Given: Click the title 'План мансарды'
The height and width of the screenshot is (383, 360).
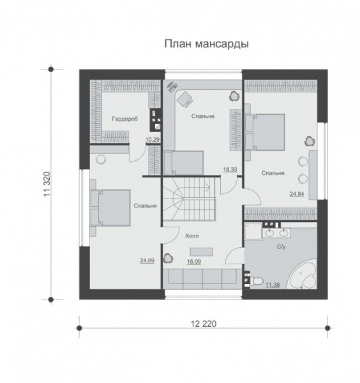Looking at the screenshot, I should (x=206, y=44).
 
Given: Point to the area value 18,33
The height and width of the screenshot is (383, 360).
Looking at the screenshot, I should (x=229, y=169).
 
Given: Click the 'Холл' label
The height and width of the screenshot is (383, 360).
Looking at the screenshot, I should (x=191, y=236).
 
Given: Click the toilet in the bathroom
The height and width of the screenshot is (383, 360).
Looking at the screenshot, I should (x=255, y=280).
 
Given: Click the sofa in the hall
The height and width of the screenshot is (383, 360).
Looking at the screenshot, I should (x=200, y=278).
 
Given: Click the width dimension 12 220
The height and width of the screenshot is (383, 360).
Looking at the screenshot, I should (x=203, y=324).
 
